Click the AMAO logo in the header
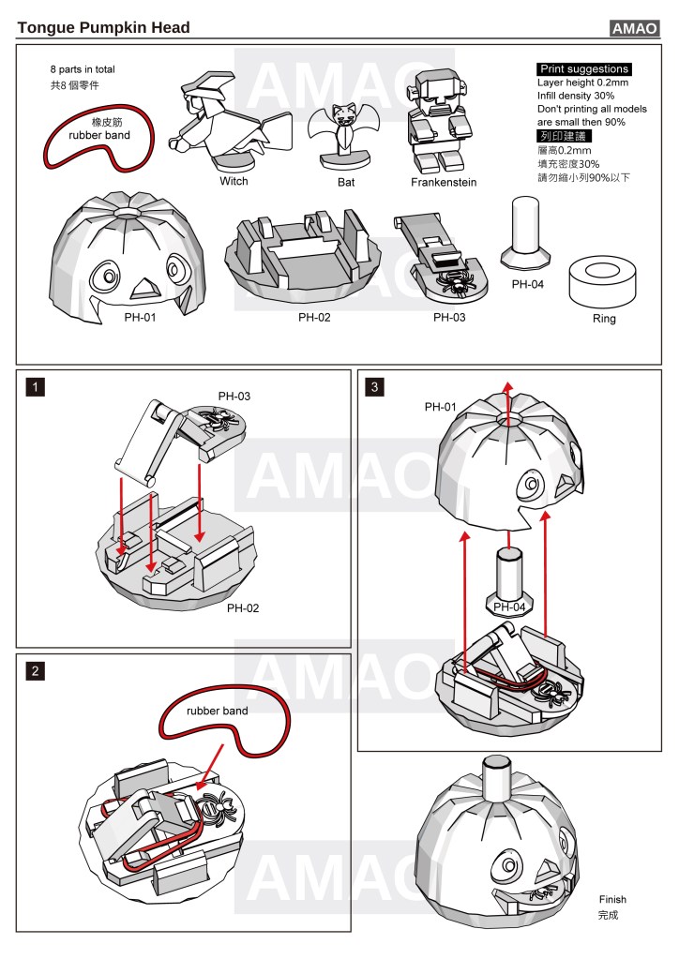coord(635,28)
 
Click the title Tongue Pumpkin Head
coord(103,28)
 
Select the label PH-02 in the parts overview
coord(315,317)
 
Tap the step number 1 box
coord(35,385)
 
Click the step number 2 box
coord(35,670)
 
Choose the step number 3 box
coord(376,385)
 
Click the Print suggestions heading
coord(583,69)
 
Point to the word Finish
coord(611,899)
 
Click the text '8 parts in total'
coord(83,69)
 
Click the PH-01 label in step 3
coord(440,407)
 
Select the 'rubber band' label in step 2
coord(217,711)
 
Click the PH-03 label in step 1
coord(234,396)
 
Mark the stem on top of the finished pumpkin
coord(497,775)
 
